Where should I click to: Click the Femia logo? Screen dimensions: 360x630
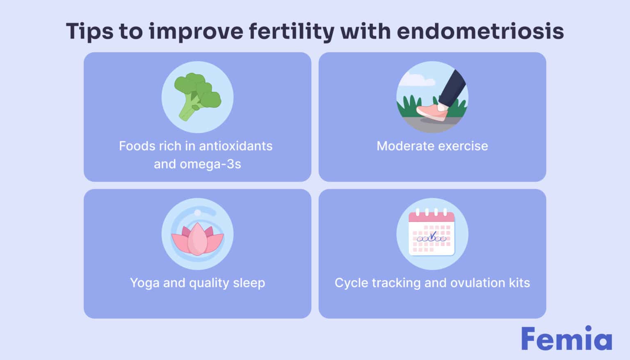tap(566, 339)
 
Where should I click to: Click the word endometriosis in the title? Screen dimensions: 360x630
tap(480, 31)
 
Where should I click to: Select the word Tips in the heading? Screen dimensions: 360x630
tap(89, 31)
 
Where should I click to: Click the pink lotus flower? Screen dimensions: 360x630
tap(197, 239)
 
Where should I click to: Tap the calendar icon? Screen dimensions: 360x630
tap(432, 233)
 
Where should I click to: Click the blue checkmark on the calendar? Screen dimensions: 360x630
tap(433, 235)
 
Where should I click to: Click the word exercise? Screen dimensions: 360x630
tap(464, 146)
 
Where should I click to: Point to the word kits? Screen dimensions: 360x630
tap(520, 283)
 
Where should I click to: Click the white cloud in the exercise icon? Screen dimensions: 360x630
tap(418, 80)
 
